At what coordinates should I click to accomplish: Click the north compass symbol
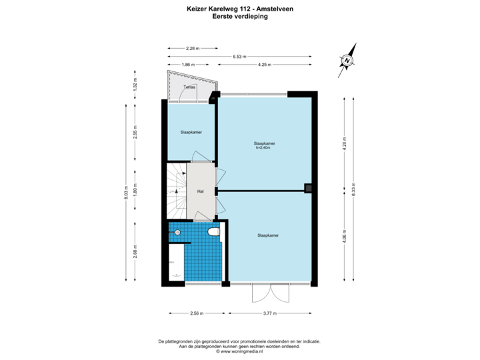[346, 61]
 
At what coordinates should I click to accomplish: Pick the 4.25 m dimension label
[263, 65]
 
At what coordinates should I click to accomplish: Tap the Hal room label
[199, 191]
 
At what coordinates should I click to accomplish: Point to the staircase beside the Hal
[176, 191]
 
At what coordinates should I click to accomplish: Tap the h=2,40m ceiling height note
[265, 147]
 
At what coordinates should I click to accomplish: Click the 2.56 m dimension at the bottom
[197, 312]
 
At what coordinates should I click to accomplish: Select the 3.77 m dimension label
[271, 312]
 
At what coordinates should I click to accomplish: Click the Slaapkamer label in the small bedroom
[191, 133]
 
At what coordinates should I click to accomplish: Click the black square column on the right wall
[309, 188]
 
